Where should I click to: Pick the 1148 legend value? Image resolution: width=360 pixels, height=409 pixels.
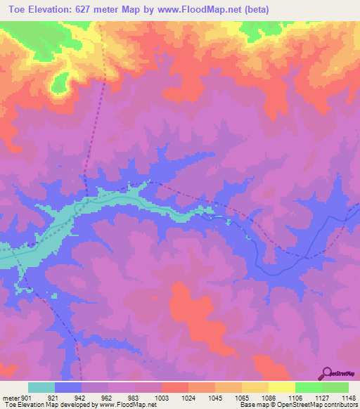tap(348, 398)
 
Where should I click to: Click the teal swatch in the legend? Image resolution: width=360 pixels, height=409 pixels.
tap(41, 387)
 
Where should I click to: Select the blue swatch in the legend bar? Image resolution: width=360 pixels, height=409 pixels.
tap(68, 387)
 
